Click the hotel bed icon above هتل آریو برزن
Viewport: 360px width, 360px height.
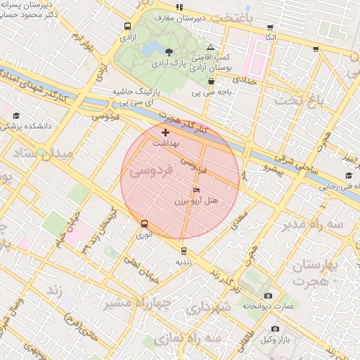click(196, 191)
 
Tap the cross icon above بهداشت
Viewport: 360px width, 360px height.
click(165, 132)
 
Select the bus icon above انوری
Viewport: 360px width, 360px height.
click(144, 224)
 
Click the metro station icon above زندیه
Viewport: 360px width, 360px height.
click(184, 250)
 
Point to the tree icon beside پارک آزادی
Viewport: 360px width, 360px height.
click(169, 51)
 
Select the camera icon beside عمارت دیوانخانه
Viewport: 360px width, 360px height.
click(267, 295)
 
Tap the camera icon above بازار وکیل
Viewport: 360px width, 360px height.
click(274, 329)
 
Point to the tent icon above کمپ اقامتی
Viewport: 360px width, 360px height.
click(210, 46)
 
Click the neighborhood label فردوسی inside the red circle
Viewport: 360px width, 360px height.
click(150, 170)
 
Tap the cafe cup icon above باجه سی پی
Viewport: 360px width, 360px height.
click(211, 82)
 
